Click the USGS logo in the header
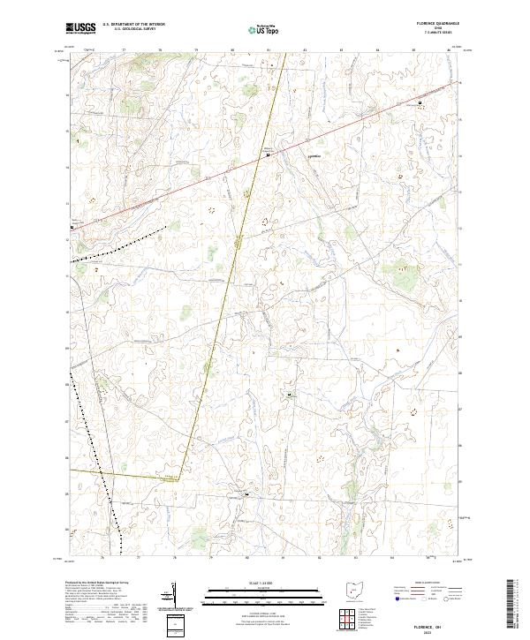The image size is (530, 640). coord(79,28)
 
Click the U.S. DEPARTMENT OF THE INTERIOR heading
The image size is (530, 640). coord(133,25)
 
